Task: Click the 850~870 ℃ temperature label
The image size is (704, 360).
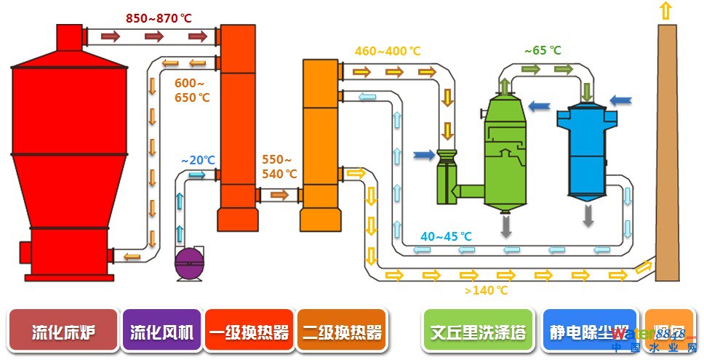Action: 159,18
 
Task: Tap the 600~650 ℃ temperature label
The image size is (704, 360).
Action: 192,90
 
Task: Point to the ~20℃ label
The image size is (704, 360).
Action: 198,160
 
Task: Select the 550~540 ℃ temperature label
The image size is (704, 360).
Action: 280,167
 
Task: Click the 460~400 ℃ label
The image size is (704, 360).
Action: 388,51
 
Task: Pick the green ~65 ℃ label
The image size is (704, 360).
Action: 543,51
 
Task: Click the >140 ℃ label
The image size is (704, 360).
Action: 486,291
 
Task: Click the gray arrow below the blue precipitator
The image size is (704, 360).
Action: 587,215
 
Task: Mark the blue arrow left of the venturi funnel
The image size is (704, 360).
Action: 423,154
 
